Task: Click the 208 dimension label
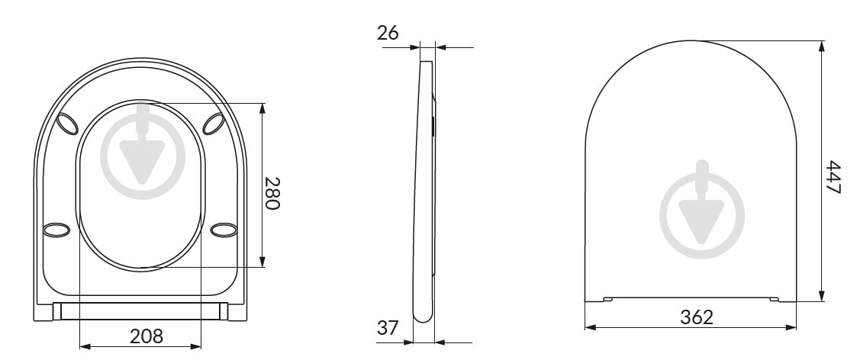point(147,336)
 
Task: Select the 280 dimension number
point(272,193)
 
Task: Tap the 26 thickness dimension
point(388,33)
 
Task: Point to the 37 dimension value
point(388,328)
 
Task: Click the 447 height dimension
point(833,177)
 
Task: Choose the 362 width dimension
point(697,317)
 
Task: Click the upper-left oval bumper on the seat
point(69,124)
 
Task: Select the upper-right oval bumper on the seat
point(214,124)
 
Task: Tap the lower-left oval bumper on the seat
point(56,230)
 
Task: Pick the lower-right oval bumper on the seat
point(224,230)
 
